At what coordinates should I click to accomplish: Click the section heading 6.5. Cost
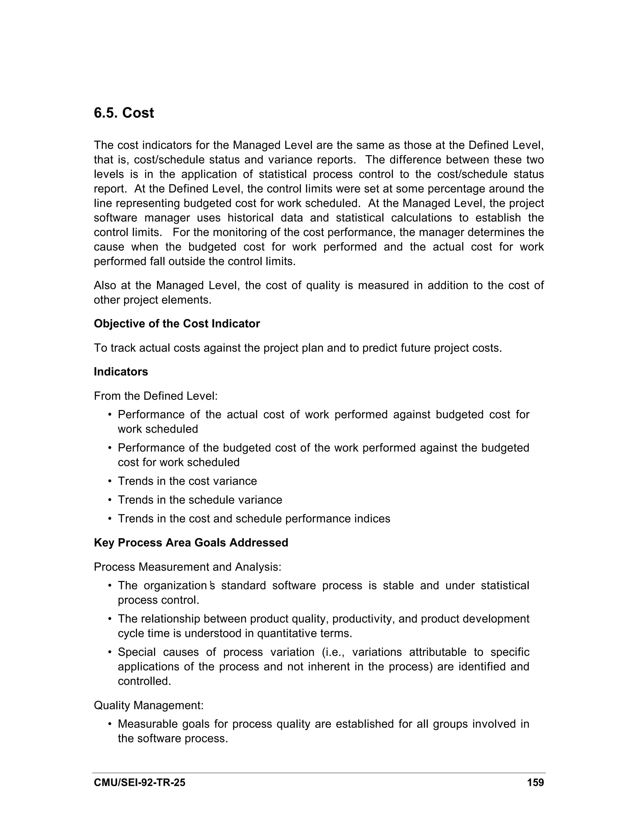(x=124, y=113)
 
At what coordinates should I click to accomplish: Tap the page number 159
(x=535, y=782)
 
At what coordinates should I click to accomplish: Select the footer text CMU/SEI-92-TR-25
(x=140, y=782)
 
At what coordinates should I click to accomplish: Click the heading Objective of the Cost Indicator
(x=177, y=324)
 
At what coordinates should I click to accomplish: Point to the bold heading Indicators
(x=121, y=372)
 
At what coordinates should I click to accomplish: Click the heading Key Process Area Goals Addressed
(x=191, y=543)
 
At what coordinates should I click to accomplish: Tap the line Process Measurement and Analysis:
(x=188, y=567)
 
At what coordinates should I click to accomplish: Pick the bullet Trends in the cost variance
(x=187, y=481)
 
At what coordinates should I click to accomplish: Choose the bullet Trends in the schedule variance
(x=200, y=500)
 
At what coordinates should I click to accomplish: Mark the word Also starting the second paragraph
(x=105, y=285)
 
